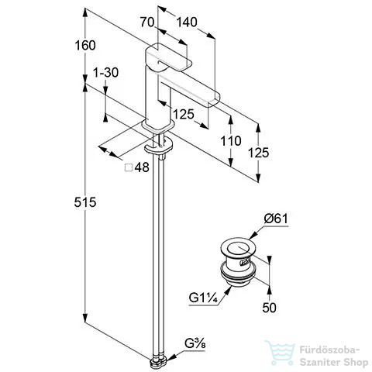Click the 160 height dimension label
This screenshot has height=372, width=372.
click(85, 46)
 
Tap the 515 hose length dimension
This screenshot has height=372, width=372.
click(85, 202)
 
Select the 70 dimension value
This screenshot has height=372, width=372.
click(147, 22)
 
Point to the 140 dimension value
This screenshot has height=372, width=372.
click(187, 22)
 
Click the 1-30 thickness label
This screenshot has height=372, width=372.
click(105, 73)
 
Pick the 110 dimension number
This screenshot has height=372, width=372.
click(231, 141)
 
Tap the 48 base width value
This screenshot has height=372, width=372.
click(142, 167)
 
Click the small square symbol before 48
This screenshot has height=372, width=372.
click(129, 167)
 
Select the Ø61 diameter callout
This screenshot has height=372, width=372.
click(276, 219)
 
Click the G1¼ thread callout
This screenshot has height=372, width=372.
click(204, 298)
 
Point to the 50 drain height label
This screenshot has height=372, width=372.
click(269, 308)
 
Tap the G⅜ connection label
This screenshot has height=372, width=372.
click(195, 344)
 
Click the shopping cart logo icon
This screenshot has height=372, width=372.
click(281, 353)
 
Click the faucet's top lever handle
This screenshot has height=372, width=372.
click(169, 57)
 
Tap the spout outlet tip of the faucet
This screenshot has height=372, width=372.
click(214, 100)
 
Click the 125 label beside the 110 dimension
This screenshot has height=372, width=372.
click(259, 153)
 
